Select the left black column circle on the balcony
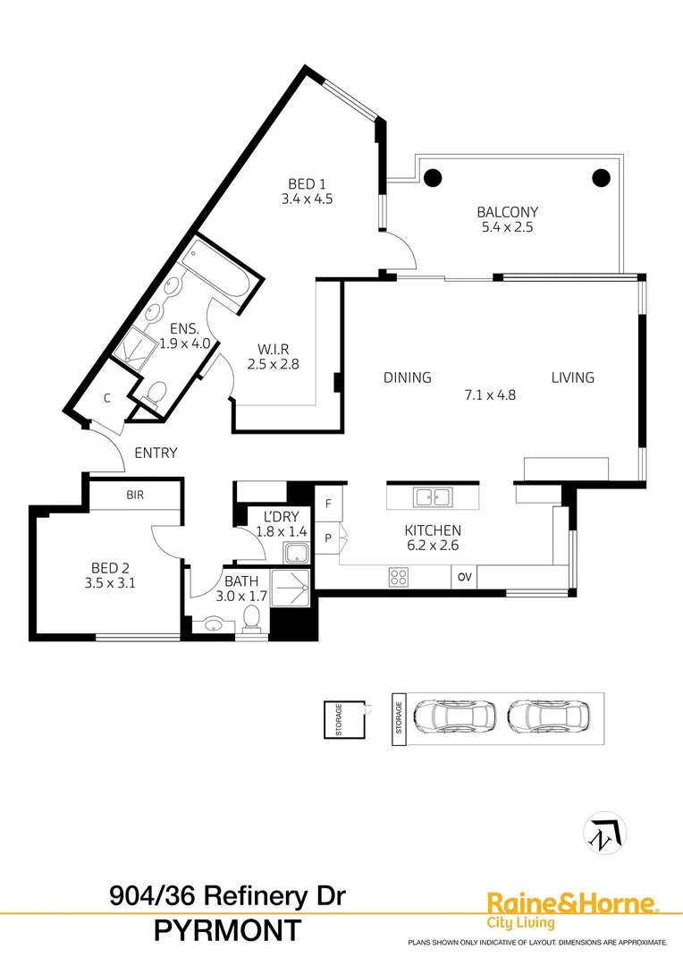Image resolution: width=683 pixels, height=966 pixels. pyautogui.click(x=433, y=177)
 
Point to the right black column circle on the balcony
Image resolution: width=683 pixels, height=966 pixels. pyautogui.click(x=601, y=177)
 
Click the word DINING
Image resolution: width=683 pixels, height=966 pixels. pyautogui.click(x=408, y=377)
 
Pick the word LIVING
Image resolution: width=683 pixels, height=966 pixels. pyautogui.click(x=572, y=377)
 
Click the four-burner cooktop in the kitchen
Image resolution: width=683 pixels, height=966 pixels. pyautogui.click(x=399, y=577)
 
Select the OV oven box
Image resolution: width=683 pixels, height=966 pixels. pyautogui.click(x=464, y=577)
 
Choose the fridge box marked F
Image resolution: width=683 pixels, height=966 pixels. pyautogui.click(x=328, y=504)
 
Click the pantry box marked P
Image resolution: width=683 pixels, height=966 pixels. pyautogui.click(x=328, y=538)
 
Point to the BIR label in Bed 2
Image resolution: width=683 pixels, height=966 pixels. pyautogui.click(x=135, y=495)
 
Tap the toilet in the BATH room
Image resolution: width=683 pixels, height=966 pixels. pyautogui.click(x=253, y=618)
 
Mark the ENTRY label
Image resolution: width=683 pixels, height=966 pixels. pyautogui.click(x=156, y=453)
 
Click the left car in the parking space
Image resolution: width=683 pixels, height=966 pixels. pyautogui.click(x=456, y=716)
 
